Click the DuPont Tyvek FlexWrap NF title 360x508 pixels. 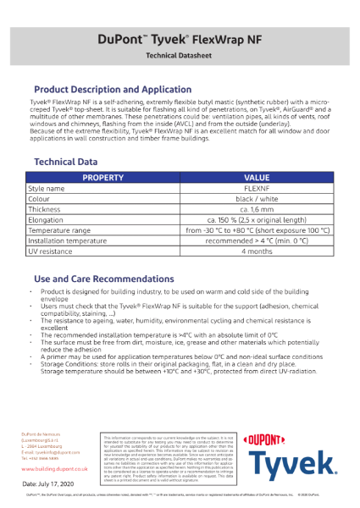point(180,38)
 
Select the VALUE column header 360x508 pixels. point(255,178)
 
